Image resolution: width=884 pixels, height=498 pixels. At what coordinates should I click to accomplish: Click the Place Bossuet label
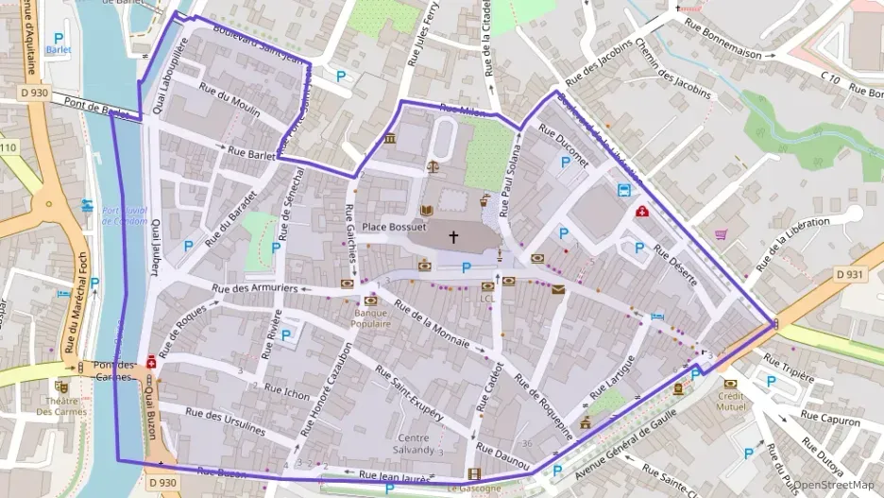coord(395,228)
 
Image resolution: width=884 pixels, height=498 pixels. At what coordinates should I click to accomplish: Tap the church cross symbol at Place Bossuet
coord(452,236)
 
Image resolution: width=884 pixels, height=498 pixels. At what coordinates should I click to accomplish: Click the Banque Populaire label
coord(372,318)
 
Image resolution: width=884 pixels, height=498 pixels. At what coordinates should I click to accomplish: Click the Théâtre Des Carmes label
coord(62,405)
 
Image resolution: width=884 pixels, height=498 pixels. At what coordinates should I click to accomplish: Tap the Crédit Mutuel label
coord(730,401)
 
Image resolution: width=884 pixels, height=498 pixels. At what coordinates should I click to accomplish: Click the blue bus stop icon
coord(624,190)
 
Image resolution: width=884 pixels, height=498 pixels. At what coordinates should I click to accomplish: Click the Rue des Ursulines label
coord(226,420)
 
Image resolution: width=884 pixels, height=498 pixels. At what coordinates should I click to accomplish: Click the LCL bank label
coord(487,299)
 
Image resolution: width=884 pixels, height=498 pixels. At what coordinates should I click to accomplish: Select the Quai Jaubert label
coord(156,248)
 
